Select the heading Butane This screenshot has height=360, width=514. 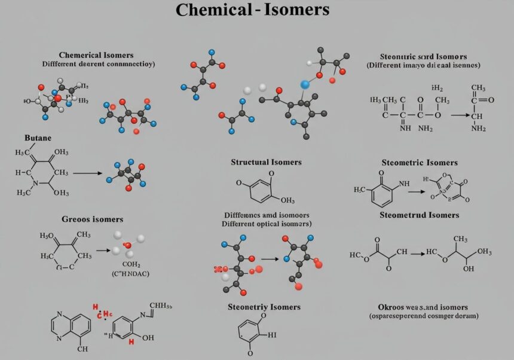click(37, 138)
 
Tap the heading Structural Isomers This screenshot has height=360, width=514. click(266, 162)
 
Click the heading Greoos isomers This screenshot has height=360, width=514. click(93, 219)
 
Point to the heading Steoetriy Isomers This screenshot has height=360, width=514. click(264, 307)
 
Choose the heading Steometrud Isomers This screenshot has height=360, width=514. click(420, 215)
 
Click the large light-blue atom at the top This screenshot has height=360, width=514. click(305, 85)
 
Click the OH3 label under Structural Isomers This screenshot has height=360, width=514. click(287, 200)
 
